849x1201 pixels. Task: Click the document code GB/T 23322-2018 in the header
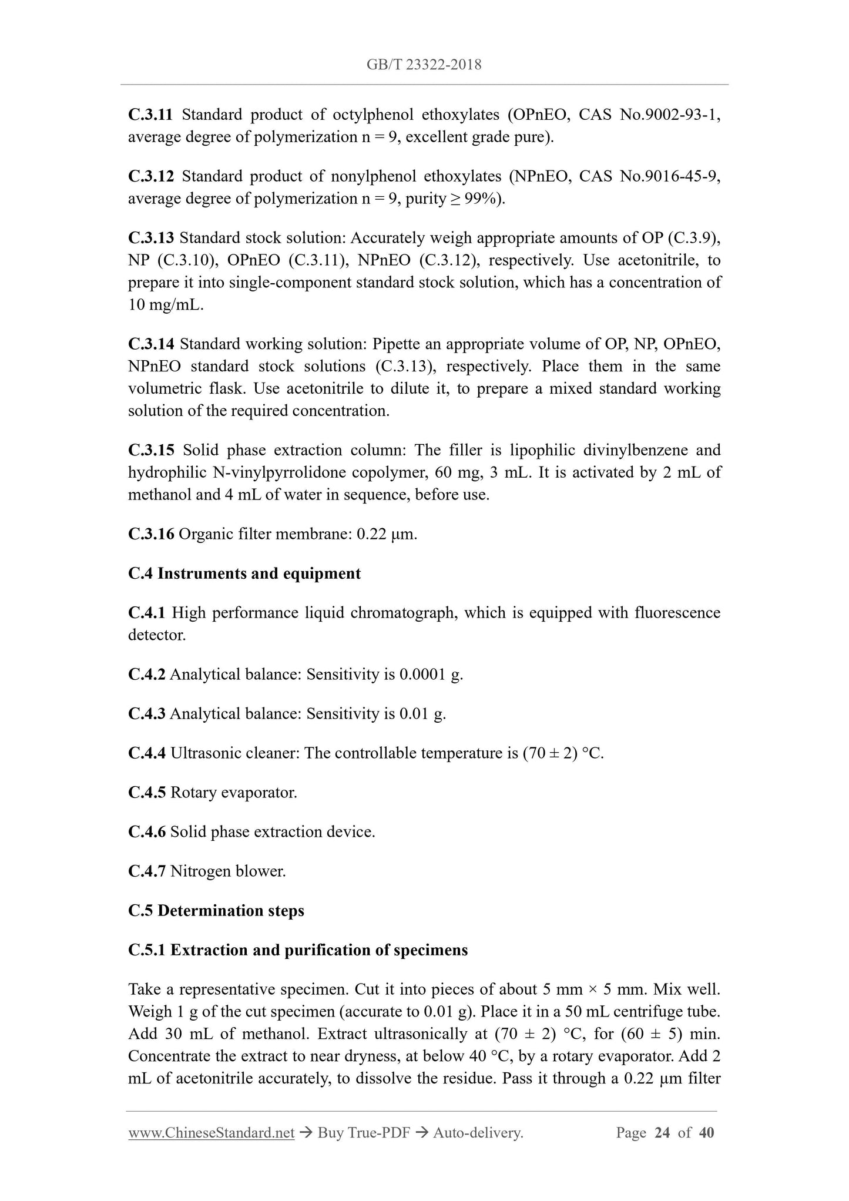(424, 65)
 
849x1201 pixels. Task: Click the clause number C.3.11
(150, 115)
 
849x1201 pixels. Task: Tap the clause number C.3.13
(151, 238)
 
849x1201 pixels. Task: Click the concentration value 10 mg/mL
(165, 306)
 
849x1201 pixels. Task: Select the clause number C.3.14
(151, 344)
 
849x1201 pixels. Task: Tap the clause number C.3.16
(151, 534)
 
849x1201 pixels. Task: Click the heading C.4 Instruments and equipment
(244, 573)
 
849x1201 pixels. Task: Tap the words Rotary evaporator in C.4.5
(233, 793)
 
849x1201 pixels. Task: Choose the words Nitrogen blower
(228, 871)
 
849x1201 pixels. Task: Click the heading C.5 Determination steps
(216, 911)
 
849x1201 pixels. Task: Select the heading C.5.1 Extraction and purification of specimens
(298, 950)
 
